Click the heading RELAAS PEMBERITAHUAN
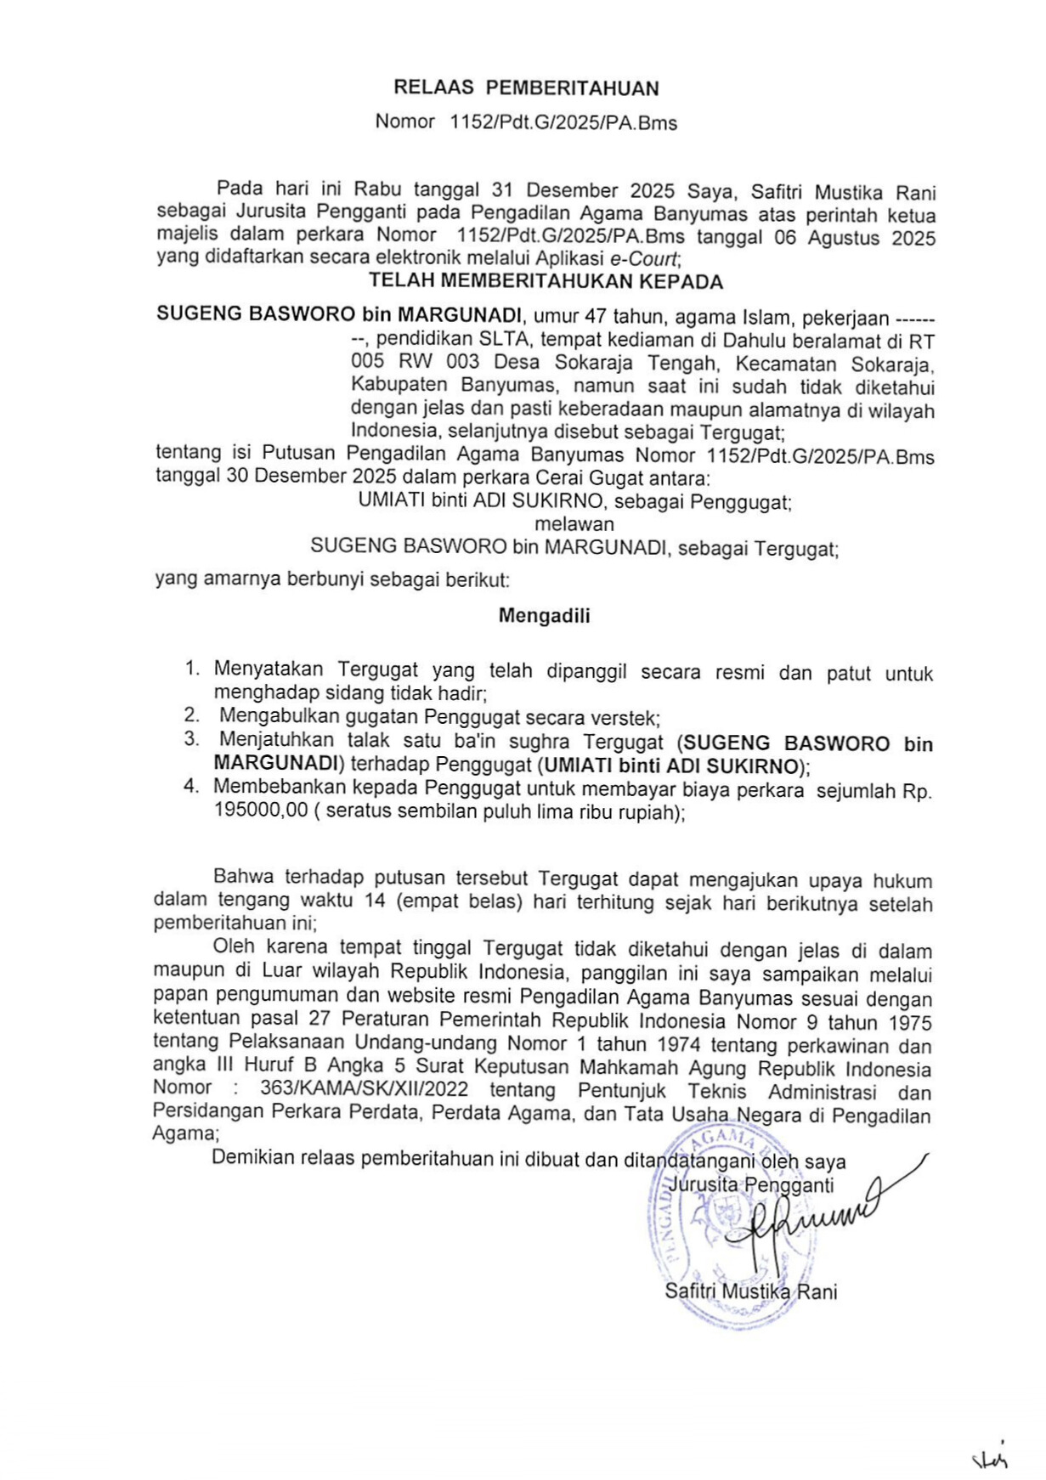click(x=526, y=88)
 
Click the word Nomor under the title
click(x=404, y=121)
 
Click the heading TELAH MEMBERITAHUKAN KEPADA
click(x=546, y=282)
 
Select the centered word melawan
click(x=574, y=524)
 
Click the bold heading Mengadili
click(x=544, y=616)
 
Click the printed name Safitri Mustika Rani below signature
click(x=751, y=1292)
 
